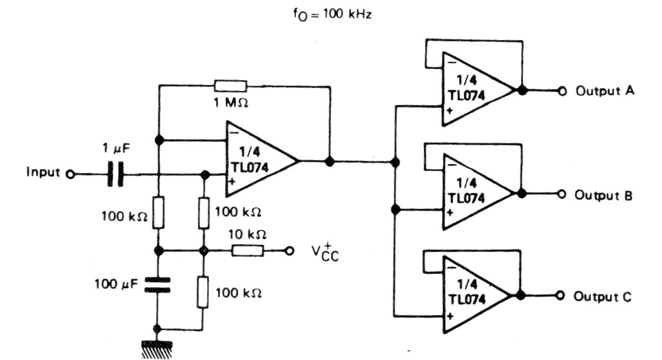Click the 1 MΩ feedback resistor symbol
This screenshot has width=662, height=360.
(231, 86)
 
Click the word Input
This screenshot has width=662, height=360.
(43, 173)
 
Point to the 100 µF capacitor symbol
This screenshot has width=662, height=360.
(158, 285)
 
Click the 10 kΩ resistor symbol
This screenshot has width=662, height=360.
(247, 250)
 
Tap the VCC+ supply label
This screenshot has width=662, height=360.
(326, 252)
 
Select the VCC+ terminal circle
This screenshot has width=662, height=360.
(290, 250)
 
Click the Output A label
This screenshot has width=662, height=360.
(605, 91)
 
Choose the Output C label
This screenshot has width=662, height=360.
(605, 297)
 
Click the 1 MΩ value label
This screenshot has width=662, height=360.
(231, 103)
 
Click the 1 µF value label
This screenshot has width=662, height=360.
(116, 149)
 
